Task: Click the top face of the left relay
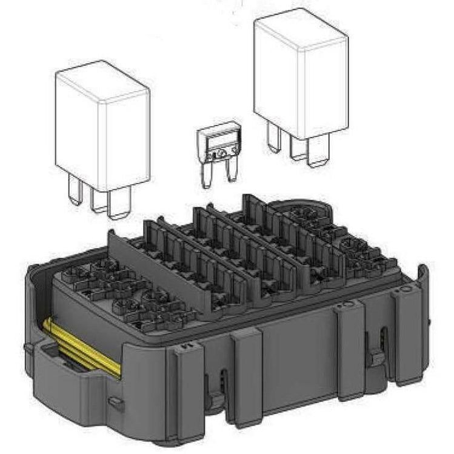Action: tap(102, 82)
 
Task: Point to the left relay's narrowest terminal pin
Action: tap(75, 193)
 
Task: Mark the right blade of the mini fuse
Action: tap(230, 173)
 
